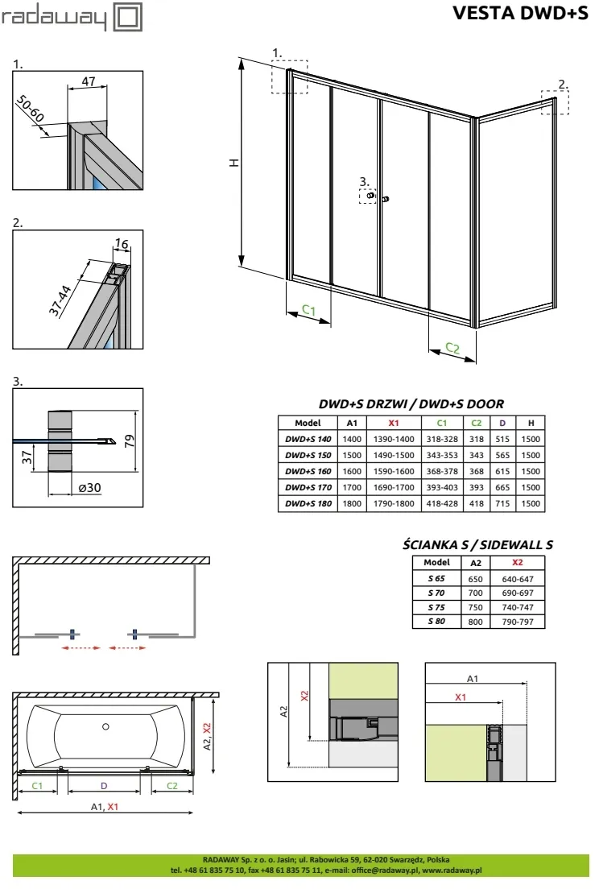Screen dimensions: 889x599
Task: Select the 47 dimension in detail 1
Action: (89, 80)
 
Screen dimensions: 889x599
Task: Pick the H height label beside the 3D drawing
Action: (234, 162)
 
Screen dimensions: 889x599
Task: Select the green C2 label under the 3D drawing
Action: (452, 349)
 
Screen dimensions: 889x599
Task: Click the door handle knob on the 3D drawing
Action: (386, 198)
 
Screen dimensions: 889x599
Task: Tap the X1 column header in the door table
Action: (394, 423)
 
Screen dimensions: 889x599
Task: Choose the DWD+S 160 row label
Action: (308, 471)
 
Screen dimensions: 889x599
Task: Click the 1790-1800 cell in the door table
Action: (394, 503)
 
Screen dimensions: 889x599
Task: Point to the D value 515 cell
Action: (502, 439)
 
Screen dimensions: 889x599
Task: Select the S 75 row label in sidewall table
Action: (436, 607)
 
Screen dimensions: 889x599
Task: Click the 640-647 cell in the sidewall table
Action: (517, 578)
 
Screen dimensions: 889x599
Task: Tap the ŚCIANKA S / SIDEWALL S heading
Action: (477, 544)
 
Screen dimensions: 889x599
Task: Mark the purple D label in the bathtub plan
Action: (103, 785)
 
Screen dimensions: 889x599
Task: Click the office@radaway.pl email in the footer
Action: (376, 870)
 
